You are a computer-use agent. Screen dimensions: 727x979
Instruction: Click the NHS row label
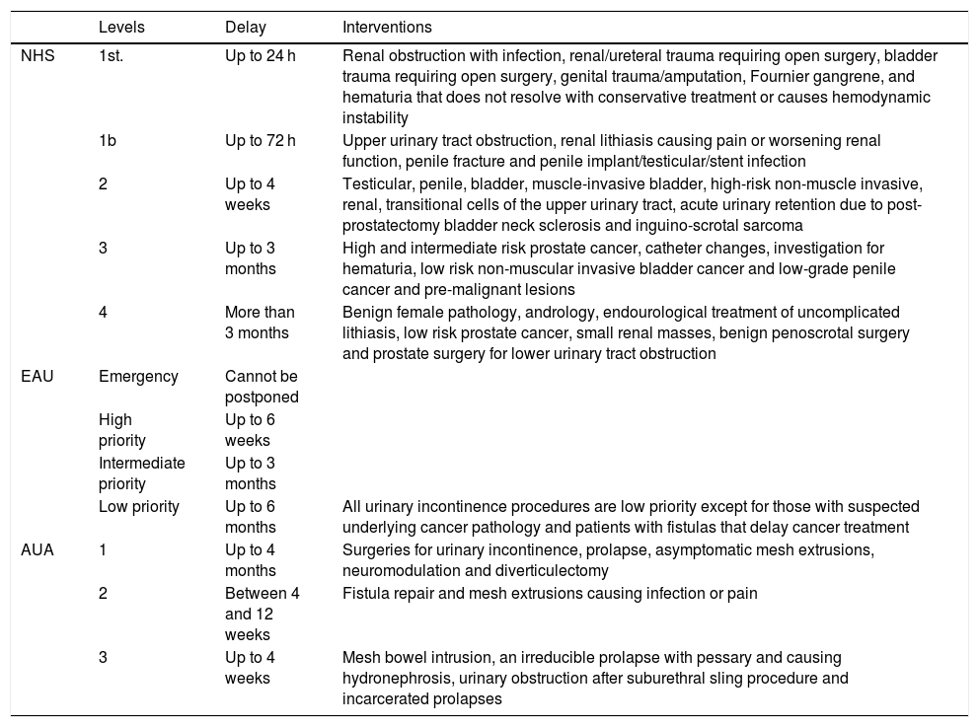point(38,56)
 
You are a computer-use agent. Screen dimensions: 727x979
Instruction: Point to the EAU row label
point(37,376)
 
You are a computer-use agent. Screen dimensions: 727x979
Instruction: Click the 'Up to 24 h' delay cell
point(260,56)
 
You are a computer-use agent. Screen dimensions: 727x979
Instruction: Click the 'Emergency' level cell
point(138,376)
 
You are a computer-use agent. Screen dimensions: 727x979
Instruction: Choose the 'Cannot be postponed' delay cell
point(262,386)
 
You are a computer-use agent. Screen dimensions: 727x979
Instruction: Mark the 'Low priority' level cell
point(139,507)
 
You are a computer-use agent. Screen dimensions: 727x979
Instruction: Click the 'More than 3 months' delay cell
point(260,323)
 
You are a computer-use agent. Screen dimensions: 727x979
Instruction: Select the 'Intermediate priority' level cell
point(141,473)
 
